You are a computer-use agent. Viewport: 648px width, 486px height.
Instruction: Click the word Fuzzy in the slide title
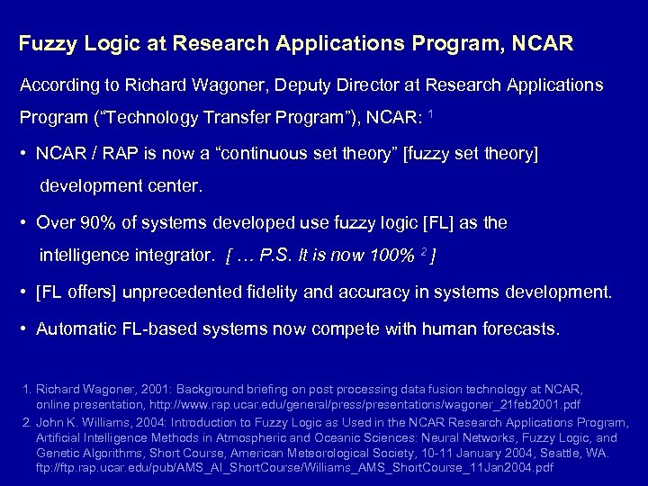[x=48, y=43]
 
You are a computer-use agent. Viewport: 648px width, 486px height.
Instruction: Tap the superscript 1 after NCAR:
[x=433, y=114]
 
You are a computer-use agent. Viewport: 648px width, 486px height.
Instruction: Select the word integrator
[x=179, y=256]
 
